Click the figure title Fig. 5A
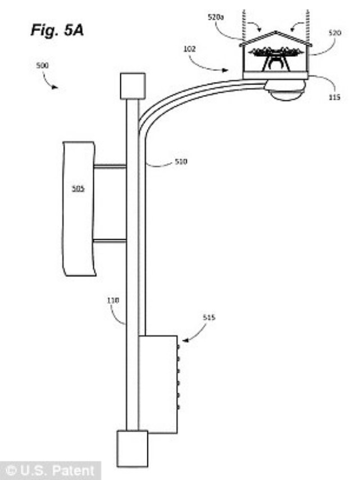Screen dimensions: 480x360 [57, 30]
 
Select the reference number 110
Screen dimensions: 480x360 [114, 301]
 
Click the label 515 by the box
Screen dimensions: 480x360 [209, 317]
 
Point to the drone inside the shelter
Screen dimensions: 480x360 [276, 56]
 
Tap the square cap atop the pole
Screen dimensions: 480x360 [133, 86]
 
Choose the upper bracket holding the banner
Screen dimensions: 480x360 [110, 167]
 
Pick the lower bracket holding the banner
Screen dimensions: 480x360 [110, 241]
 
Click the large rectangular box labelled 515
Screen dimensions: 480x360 [158, 384]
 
